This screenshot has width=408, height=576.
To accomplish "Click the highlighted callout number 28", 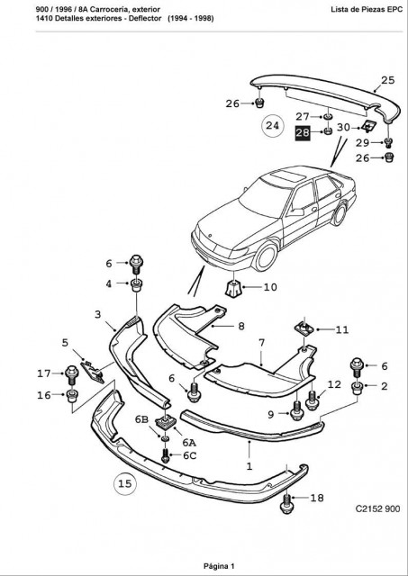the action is click(x=303, y=133).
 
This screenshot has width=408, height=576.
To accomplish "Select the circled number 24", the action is click(x=272, y=126).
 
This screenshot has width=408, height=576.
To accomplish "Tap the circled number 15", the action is click(x=124, y=483).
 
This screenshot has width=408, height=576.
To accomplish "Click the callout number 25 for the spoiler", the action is click(x=387, y=80).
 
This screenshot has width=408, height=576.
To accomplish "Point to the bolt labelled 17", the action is click(x=72, y=374).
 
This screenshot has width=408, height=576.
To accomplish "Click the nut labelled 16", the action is click(x=72, y=396).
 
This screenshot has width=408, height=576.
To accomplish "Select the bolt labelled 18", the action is click(x=286, y=503).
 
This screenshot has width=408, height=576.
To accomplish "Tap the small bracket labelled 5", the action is click(x=92, y=372).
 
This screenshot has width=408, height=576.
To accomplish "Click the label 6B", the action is click(x=141, y=420).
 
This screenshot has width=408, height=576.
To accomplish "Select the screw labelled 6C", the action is click(x=165, y=455).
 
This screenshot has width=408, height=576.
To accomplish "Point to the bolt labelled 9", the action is click(x=296, y=410).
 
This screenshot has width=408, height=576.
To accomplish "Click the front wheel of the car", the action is click(x=266, y=256).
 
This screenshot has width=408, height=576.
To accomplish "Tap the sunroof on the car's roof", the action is click(x=288, y=175).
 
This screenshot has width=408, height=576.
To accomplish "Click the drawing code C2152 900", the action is click(x=377, y=508).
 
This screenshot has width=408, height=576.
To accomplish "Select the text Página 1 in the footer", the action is click(x=219, y=566).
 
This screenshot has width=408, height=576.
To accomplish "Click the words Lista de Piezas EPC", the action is click(x=367, y=10).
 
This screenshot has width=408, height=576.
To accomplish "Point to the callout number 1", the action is click(x=249, y=466).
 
